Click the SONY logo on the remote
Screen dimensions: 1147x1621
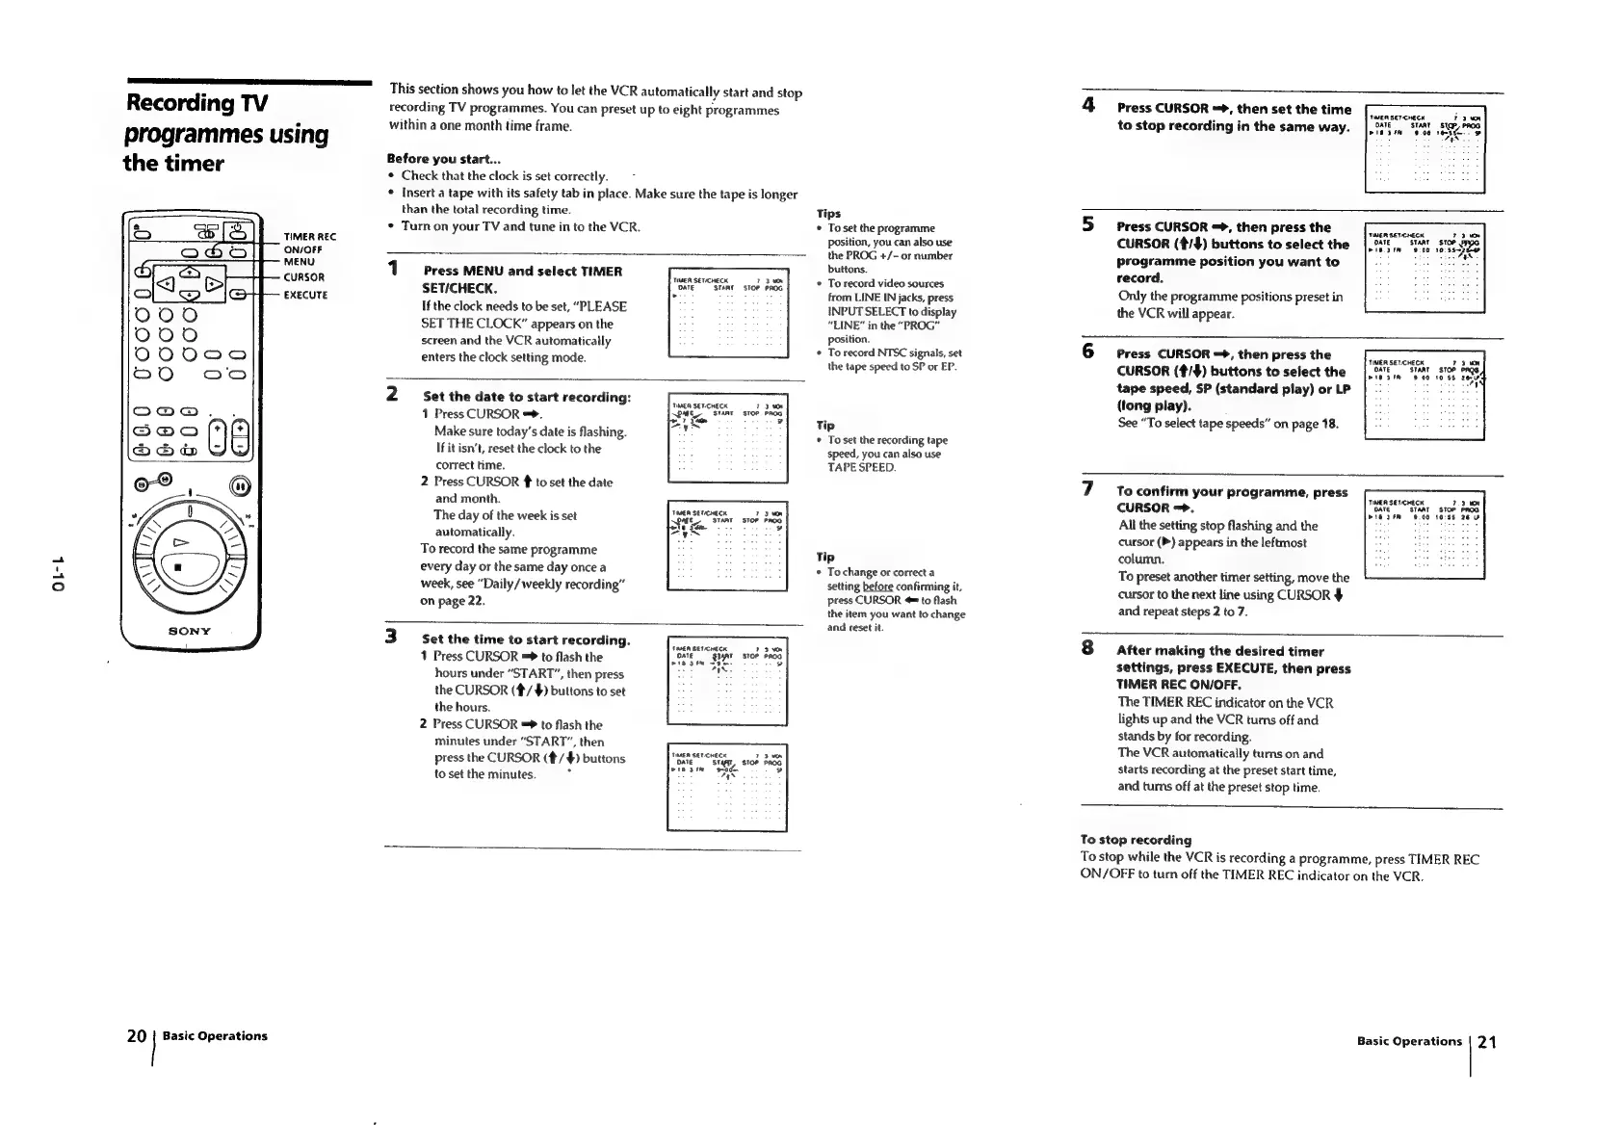[190, 631]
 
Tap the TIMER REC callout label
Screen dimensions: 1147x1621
[309, 237]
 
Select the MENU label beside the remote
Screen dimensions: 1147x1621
[299, 261]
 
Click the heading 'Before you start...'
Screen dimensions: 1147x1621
[431, 159]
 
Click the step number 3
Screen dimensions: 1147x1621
[391, 636]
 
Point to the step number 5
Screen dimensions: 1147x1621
[1087, 223]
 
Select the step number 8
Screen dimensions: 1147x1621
[1087, 647]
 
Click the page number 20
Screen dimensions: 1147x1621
[136, 1036]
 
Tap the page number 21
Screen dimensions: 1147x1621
[1486, 1042]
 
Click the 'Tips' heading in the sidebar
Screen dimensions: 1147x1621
[828, 214]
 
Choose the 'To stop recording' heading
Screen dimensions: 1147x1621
[1136, 840]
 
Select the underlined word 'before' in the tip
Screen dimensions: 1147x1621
[877, 587]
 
